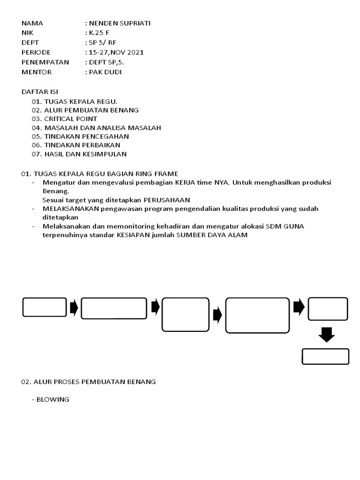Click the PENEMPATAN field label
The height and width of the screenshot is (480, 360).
pos(45,62)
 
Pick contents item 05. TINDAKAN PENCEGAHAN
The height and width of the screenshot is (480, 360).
pos(80,136)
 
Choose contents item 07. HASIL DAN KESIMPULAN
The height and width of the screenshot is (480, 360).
pos(79,154)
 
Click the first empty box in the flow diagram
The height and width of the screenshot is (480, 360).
pos(45,307)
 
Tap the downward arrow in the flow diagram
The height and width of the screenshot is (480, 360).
pos(327,334)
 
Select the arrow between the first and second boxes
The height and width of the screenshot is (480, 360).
pos(74,307)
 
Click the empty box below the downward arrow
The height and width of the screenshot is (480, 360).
pos(325,356)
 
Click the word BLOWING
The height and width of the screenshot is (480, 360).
pos(55,399)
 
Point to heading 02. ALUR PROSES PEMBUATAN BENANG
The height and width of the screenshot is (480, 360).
pos(88,382)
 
